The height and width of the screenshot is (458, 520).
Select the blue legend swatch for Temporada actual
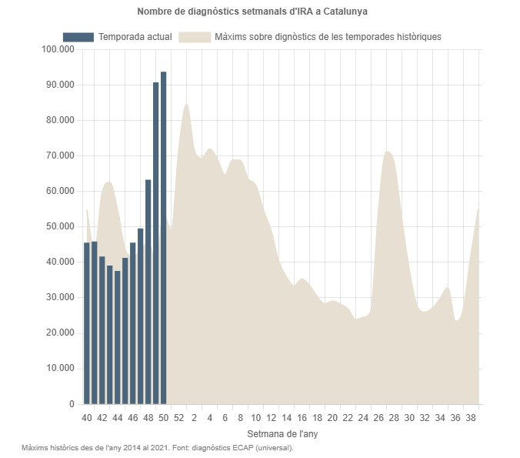pos(78,37)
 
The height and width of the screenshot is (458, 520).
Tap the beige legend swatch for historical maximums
pos(194,37)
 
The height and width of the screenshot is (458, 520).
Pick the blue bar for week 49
pos(155,242)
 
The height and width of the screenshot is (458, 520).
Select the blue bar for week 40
pos(87,323)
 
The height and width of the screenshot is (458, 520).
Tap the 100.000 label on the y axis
pos(58,49)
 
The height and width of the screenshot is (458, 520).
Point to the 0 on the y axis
pos(72,403)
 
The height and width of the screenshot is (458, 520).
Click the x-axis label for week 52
pos(178,418)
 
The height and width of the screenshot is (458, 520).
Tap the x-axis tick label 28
pos(394,418)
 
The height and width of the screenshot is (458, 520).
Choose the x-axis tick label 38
pos(471,418)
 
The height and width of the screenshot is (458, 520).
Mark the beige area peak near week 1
pos(186,108)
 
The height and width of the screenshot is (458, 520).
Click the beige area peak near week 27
pos(388,154)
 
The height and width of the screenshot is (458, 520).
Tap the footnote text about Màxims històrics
pos(158,447)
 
